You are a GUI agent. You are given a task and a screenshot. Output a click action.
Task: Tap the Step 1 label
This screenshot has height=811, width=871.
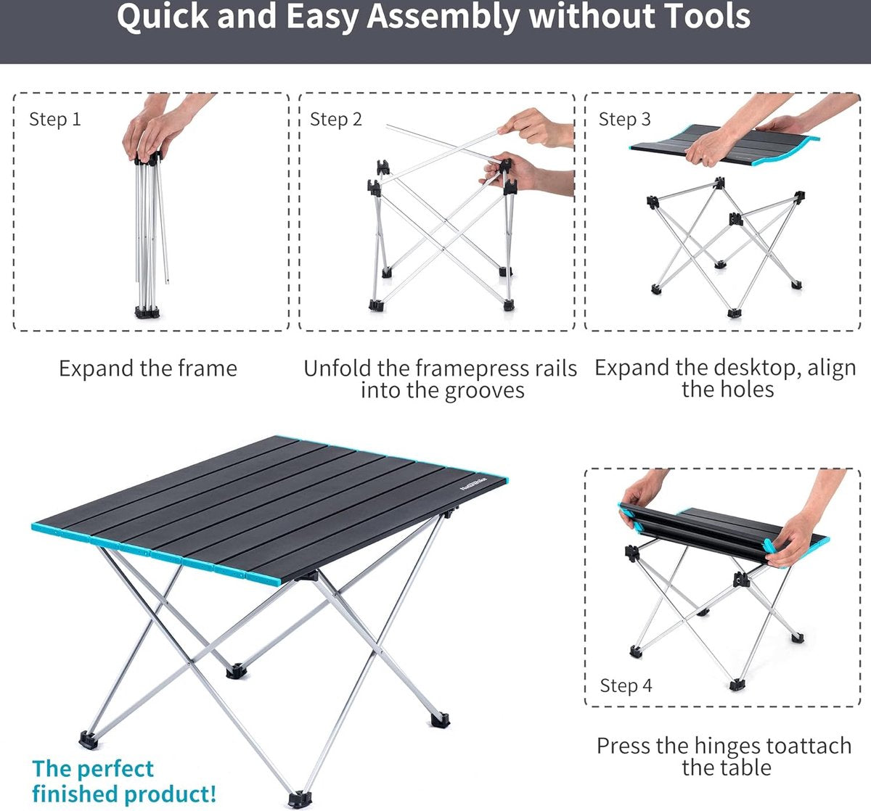55,119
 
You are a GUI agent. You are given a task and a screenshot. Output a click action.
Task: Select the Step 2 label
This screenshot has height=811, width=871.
336,119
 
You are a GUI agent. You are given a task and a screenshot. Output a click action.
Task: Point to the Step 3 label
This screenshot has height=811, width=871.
624,119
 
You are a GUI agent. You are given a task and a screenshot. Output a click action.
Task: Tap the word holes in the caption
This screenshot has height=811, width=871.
749,390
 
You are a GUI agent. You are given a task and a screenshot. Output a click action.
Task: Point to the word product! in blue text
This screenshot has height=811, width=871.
169,794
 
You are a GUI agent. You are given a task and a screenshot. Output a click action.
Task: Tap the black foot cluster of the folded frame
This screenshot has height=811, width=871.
147,312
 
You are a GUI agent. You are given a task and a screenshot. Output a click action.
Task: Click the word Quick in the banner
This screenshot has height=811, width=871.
163,17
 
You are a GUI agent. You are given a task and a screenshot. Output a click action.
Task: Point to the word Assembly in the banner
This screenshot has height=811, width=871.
443,17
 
